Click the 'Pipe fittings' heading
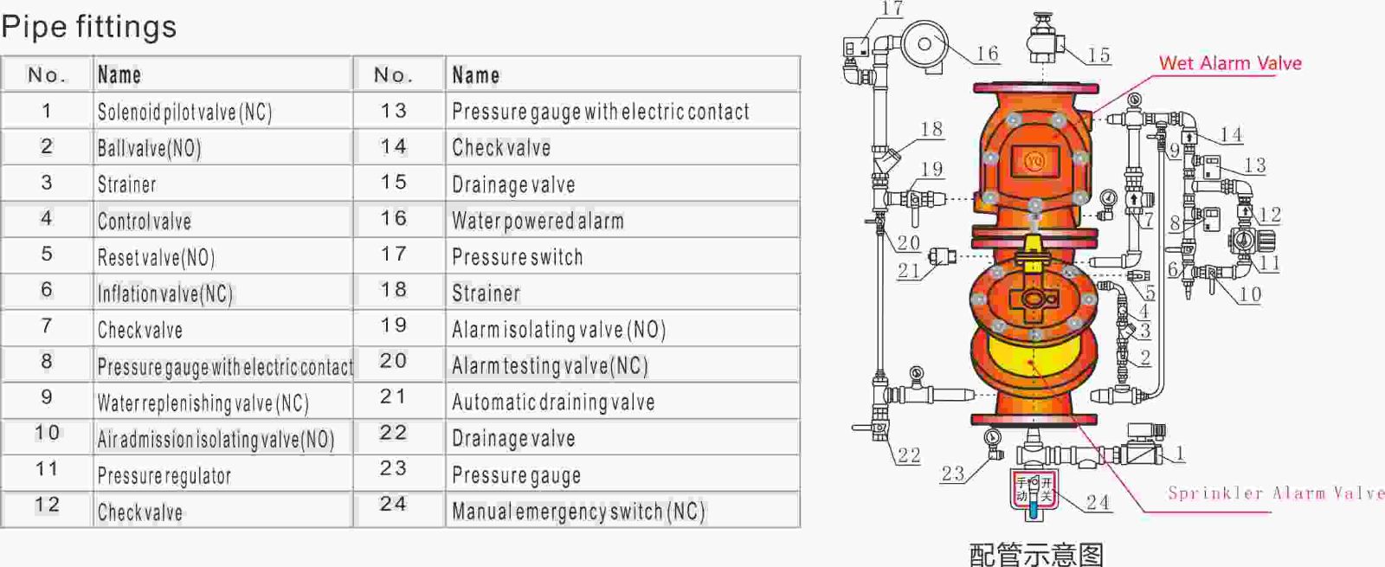pyautogui.click(x=89, y=27)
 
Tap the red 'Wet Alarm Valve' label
pyautogui.click(x=1230, y=63)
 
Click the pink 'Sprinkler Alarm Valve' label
pyautogui.click(x=1276, y=493)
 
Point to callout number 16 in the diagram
pyautogui.click(x=987, y=54)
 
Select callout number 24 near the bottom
pyautogui.click(x=1098, y=502)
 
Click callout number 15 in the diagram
pyautogui.click(x=1098, y=55)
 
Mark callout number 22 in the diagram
pyautogui.click(x=909, y=455)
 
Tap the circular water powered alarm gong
pyautogui.click(x=924, y=44)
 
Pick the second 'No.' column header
pyautogui.click(x=393, y=74)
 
